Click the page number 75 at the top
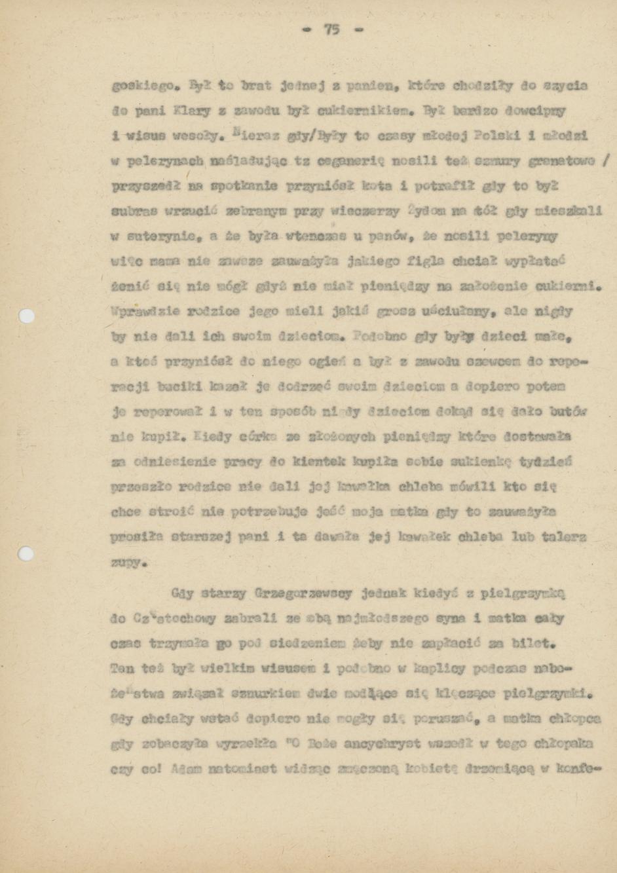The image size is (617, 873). (x=331, y=29)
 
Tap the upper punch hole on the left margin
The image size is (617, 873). (x=27, y=316)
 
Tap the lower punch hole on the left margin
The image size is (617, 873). (x=26, y=554)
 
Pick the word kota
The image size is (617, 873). (x=360, y=187)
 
